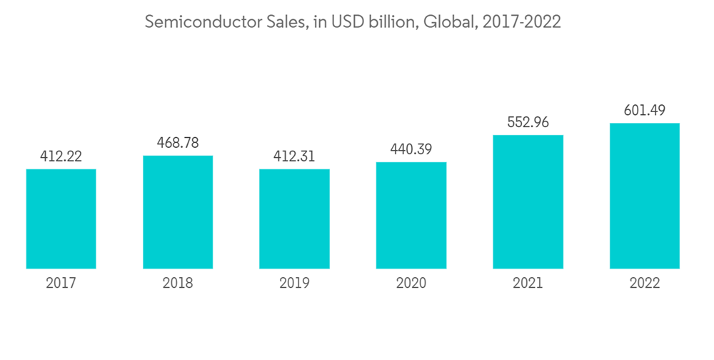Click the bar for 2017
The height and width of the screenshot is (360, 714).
(x=61, y=219)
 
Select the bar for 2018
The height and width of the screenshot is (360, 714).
(x=178, y=212)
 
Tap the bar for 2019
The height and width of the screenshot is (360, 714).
(x=294, y=219)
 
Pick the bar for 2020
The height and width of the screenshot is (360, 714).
(x=411, y=215)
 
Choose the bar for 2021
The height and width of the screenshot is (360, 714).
(x=528, y=201)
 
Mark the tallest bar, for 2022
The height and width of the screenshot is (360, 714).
(x=644, y=196)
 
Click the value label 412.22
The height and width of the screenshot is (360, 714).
(x=61, y=156)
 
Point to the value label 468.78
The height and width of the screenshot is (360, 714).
(x=178, y=143)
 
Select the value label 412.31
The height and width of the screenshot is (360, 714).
(x=294, y=156)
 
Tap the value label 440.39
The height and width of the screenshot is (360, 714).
(x=411, y=149)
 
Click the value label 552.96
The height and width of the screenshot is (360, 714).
(x=528, y=122)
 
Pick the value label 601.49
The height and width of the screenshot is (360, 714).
(x=644, y=111)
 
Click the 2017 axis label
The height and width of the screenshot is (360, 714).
(x=61, y=283)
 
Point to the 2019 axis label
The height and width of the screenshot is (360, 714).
(x=294, y=283)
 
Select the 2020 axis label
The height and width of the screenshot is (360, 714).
(x=411, y=283)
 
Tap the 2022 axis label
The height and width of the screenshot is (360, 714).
(x=644, y=283)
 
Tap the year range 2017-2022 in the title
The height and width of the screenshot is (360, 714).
(x=521, y=22)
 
